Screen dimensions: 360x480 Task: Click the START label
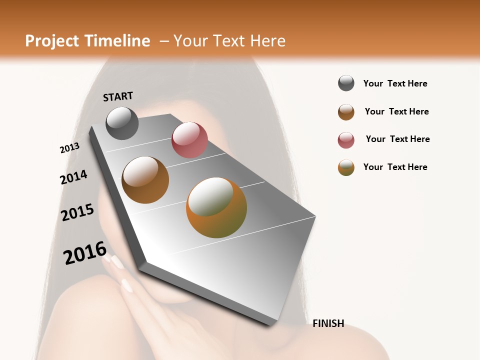click(x=118, y=96)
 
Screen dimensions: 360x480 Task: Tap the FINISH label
click(x=328, y=323)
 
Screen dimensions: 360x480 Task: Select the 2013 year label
click(x=69, y=148)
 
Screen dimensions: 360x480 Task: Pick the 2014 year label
click(x=73, y=177)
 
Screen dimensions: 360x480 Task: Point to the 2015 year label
click(x=77, y=212)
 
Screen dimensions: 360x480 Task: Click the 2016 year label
click(x=85, y=253)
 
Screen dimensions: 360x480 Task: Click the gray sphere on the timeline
click(x=122, y=123)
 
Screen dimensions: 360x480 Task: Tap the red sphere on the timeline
click(x=189, y=140)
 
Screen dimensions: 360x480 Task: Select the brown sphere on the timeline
click(x=145, y=180)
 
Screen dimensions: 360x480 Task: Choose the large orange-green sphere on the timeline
click(x=216, y=207)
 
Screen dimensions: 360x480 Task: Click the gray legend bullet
click(x=346, y=83)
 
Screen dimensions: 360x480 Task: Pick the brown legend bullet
click(x=346, y=112)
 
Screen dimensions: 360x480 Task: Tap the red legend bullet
click(x=346, y=140)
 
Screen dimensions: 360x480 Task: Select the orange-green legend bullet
click(x=346, y=167)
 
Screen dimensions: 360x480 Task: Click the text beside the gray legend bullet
click(x=395, y=83)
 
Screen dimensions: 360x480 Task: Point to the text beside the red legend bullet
click(x=397, y=139)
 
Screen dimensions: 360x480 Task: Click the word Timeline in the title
click(x=117, y=41)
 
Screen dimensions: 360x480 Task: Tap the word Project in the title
click(x=51, y=41)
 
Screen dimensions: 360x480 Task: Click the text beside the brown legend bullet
click(x=396, y=111)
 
